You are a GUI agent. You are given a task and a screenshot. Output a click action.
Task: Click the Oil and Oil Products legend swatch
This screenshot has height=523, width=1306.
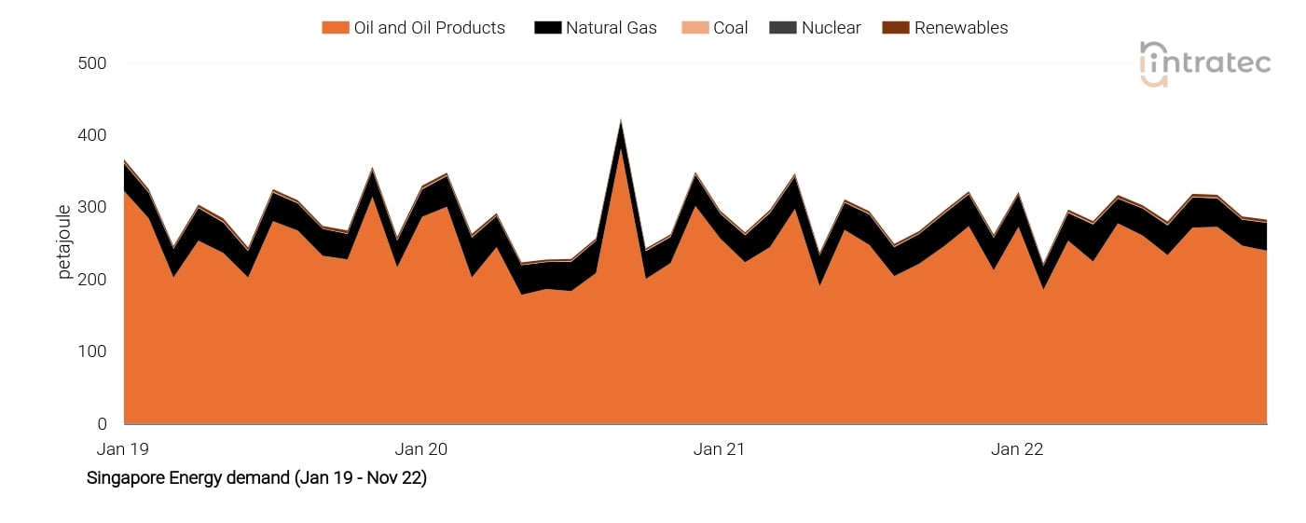coord(335,28)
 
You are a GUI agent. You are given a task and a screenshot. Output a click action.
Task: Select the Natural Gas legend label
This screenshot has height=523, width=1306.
coord(611,28)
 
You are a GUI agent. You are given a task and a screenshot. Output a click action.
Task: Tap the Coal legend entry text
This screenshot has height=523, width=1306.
coord(730,28)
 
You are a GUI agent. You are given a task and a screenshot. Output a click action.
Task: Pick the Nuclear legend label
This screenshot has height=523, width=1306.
coord(831,28)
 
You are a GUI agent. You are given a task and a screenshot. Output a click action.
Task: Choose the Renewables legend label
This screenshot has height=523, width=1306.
coord(960,28)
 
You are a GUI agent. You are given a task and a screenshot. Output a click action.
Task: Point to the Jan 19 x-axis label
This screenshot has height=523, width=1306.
coord(123,449)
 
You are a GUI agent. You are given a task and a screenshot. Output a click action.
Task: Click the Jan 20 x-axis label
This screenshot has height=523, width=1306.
coord(421,449)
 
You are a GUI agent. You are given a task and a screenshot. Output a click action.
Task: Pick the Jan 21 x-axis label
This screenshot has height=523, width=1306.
coord(720,449)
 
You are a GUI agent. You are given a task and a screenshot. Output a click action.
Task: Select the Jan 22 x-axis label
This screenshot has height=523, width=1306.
coord(1017,449)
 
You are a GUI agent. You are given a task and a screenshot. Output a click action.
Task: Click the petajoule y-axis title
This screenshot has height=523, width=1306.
coord(64,242)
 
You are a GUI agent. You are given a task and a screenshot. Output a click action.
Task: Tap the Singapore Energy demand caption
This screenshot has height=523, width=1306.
coord(256,478)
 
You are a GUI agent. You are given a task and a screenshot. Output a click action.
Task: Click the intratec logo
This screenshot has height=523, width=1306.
coord(1204,63)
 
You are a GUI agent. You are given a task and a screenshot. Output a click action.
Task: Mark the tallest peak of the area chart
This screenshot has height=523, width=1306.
coord(621,120)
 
